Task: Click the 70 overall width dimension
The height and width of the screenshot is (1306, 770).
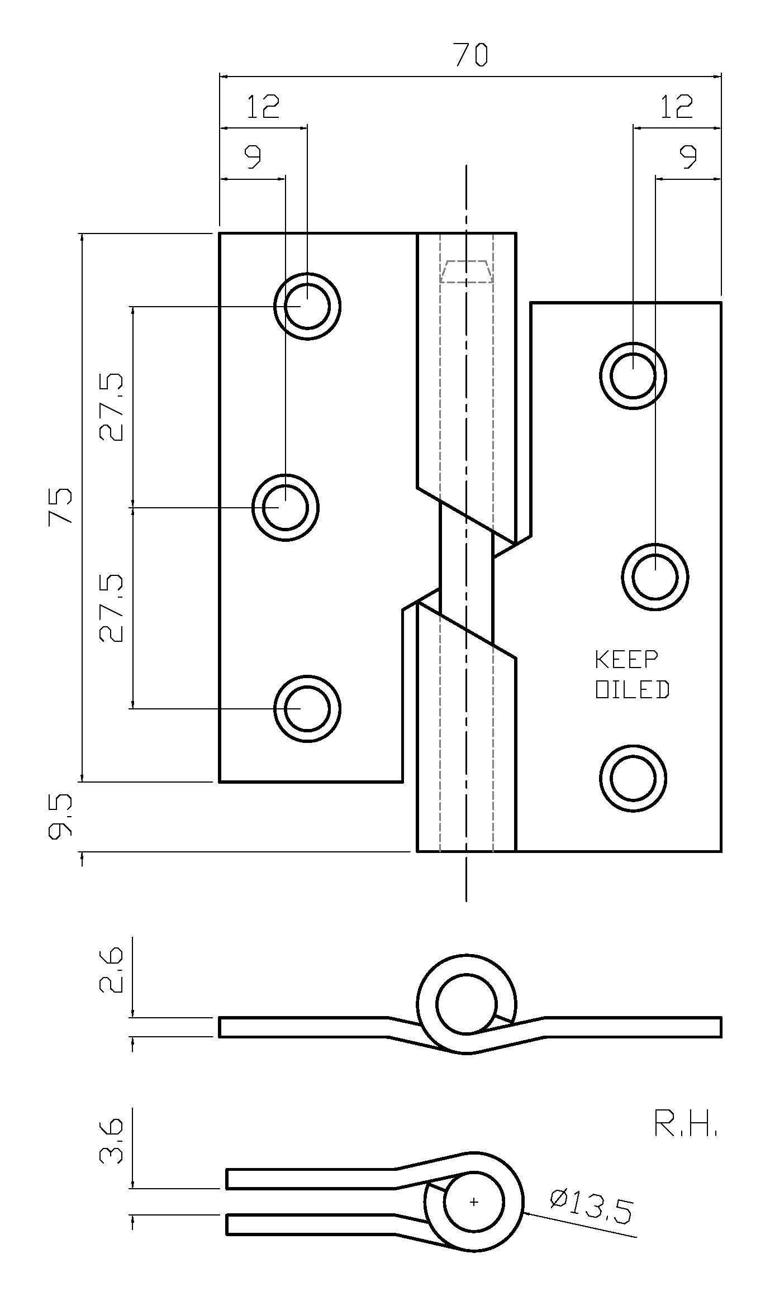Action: tap(470, 55)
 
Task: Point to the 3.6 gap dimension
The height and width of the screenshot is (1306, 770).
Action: tap(111, 1141)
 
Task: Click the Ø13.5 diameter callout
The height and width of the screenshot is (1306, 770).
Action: tap(591, 1206)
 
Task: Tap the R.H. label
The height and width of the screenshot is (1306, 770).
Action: tap(685, 1123)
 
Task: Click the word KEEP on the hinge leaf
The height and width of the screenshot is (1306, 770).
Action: tap(626, 659)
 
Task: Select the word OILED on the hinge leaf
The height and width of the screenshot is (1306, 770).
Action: tap(632, 690)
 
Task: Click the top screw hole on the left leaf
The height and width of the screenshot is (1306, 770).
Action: tap(307, 306)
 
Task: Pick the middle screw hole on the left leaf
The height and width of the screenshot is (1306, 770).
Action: tap(285, 507)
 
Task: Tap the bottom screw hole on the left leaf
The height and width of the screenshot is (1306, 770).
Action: tap(307, 708)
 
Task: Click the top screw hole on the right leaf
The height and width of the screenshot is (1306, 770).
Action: tap(633, 375)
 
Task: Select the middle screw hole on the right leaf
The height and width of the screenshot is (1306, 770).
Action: tap(655, 576)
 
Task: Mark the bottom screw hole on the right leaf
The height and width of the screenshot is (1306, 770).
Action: tap(633, 778)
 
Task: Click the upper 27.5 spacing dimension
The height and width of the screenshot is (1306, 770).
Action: tap(111, 407)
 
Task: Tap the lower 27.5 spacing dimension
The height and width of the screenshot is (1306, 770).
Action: tap(111, 608)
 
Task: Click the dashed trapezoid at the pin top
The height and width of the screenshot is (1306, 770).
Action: tap(466, 271)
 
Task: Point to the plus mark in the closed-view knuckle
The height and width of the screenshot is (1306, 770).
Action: tap(474, 1202)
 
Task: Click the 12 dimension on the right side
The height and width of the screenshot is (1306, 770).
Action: tap(676, 106)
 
